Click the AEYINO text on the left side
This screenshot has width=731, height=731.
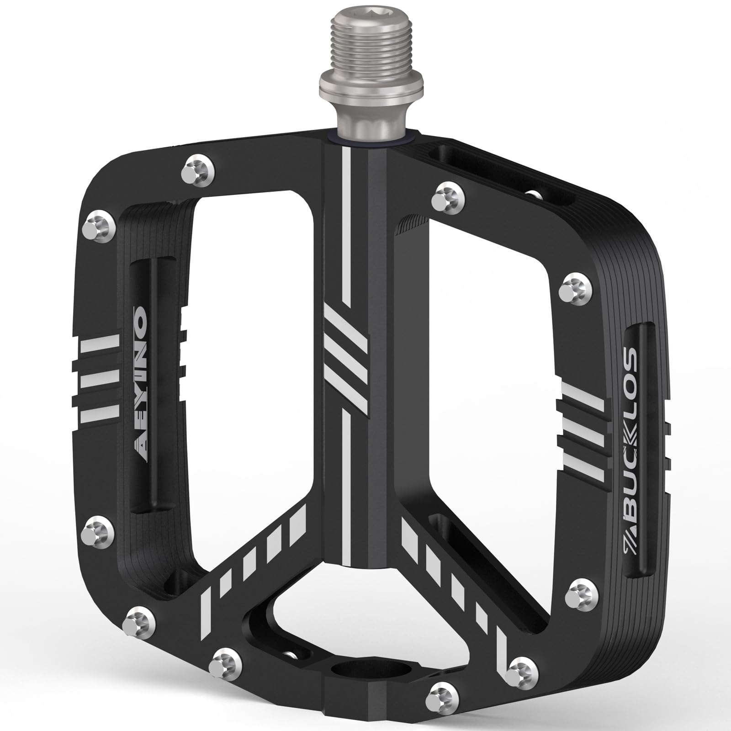[138, 361]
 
